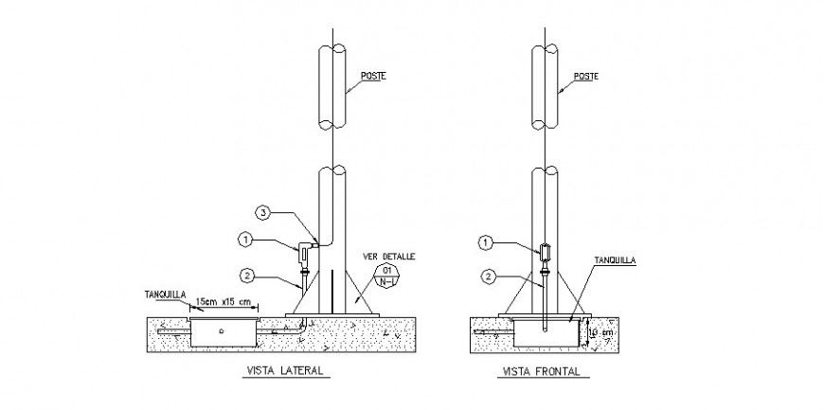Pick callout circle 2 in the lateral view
point(247,276)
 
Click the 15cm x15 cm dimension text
point(222,302)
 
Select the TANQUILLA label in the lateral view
point(166,293)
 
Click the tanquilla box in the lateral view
point(223,331)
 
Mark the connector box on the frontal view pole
point(545,254)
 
